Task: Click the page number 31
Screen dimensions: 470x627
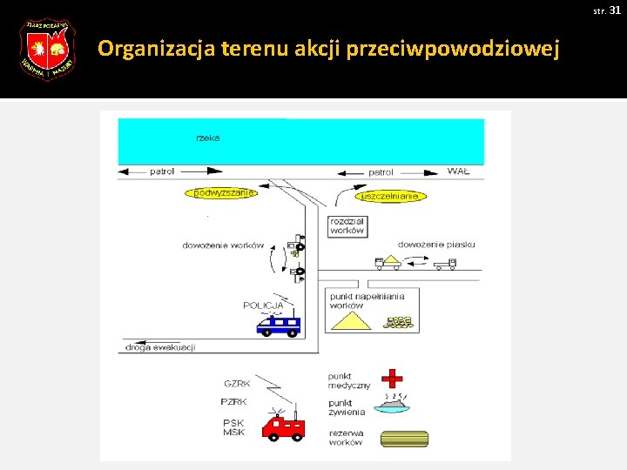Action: point(615,10)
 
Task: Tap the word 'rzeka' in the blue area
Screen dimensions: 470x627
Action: point(207,138)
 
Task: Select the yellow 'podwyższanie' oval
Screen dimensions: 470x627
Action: point(221,192)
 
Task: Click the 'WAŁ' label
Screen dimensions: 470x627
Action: point(458,171)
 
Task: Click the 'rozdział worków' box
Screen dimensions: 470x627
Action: point(347,226)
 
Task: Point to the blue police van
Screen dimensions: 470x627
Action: point(279,326)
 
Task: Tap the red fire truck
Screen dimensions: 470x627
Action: point(284,426)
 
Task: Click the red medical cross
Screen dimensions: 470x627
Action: point(394,378)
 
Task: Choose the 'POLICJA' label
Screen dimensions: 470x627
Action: point(263,305)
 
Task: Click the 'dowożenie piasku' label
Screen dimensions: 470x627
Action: point(436,245)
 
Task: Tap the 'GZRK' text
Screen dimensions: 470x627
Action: point(237,383)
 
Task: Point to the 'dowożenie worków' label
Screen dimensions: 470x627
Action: point(223,245)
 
